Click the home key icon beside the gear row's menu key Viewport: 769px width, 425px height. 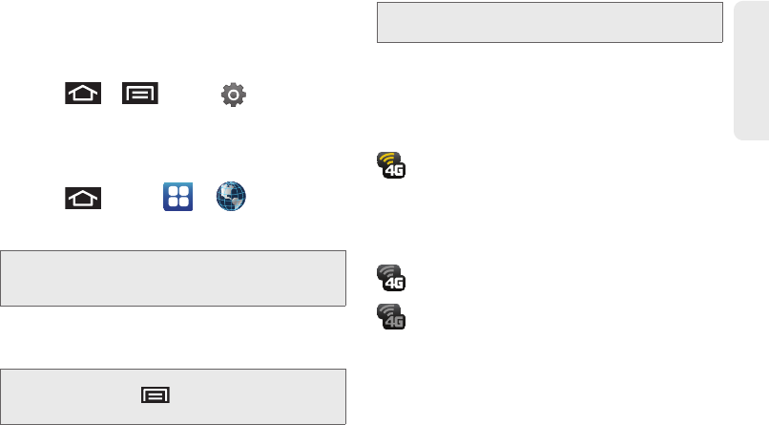coord(84,94)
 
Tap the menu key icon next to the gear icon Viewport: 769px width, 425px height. coord(139,94)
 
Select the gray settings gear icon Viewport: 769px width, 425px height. coord(233,94)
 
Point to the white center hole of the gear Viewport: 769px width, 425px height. coord(233,94)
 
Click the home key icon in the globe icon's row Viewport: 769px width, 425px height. coord(84,198)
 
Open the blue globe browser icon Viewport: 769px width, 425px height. coord(231,197)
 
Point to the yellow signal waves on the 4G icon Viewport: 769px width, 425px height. coord(387,159)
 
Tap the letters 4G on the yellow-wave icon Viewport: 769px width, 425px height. coord(394,173)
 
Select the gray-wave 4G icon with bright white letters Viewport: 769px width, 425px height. coord(391,277)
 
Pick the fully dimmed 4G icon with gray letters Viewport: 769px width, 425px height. coord(391,316)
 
